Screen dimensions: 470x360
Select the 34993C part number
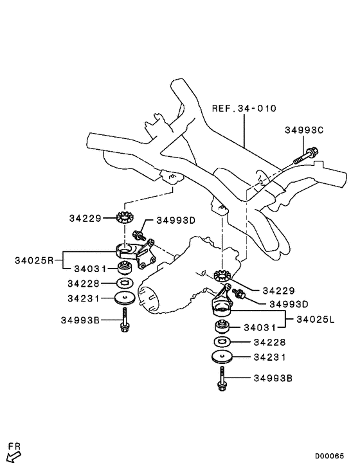pyautogui.click(x=304, y=130)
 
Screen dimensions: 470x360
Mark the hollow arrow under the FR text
pyautogui.click(x=14, y=456)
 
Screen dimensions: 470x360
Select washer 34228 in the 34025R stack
pyautogui.click(x=123, y=283)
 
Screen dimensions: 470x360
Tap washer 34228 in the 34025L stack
pyautogui.click(x=221, y=341)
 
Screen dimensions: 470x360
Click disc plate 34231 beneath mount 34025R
pyautogui.click(x=123, y=298)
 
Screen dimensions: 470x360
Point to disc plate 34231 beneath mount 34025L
pyautogui.click(x=222, y=357)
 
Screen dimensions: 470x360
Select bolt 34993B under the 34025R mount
pyautogui.click(x=123, y=320)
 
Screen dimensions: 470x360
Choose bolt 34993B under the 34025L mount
pyautogui.click(x=221, y=380)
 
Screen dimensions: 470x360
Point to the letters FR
pyautogui.click(x=14, y=445)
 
